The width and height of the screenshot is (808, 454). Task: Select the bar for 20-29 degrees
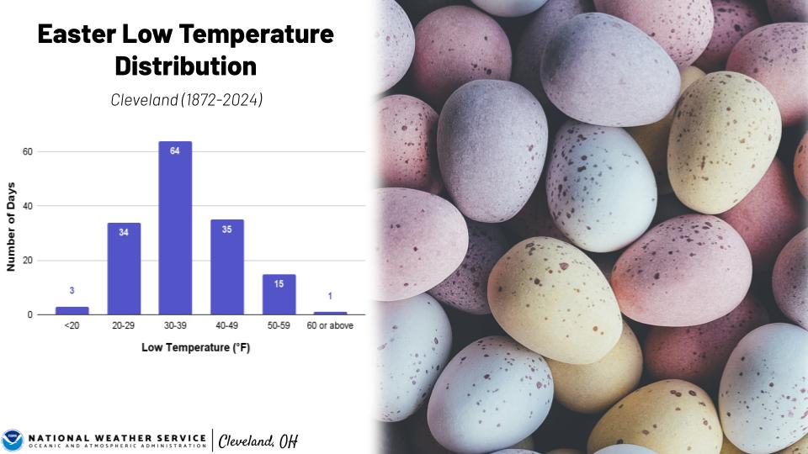[x=124, y=269]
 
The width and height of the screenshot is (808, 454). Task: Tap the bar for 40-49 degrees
[x=227, y=267]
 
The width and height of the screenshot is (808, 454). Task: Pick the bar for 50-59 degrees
[x=279, y=294]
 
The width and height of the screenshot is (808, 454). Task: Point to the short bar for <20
[x=72, y=310]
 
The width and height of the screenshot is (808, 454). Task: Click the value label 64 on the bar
[x=175, y=151]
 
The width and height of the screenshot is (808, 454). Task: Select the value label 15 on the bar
[x=279, y=284]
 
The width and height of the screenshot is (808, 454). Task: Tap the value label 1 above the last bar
[x=330, y=296]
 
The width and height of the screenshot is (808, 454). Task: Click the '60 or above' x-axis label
[x=330, y=325]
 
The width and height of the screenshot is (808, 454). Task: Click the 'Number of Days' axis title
[x=12, y=230]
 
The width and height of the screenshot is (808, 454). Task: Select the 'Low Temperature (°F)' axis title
[x=195, y=347]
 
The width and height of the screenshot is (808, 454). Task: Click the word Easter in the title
[x=79, y=34]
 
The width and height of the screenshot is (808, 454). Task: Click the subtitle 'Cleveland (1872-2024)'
[x=186, y=99]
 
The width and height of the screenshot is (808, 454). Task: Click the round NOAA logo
[x=13, y=440]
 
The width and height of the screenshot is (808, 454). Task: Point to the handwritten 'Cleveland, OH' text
[x=258, y=441]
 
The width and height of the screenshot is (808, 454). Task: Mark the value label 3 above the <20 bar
[x=72, y=291]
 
